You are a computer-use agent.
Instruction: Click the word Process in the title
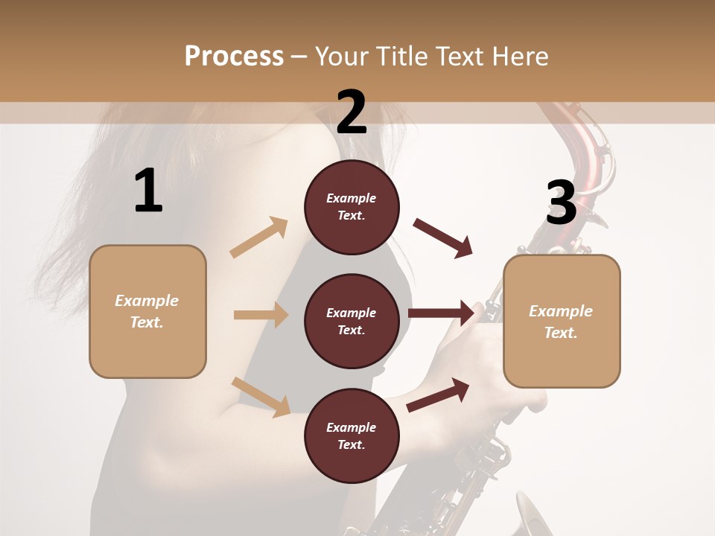(234, 57)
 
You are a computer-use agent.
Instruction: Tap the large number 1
(148, 191)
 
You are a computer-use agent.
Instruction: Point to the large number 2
(352, 112)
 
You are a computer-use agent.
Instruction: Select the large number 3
(561, 202)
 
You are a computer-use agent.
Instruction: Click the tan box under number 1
(147, 311)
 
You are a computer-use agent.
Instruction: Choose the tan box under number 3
(562, 321)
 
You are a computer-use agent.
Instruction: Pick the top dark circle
(352, 207)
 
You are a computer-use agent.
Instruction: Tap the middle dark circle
(352, 321)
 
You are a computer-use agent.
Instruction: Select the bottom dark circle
(352, 435)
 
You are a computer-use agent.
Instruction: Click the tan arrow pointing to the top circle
(259, 237)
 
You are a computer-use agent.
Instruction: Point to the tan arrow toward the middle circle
(261, 315)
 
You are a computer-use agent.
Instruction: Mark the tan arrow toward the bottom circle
(261, 396)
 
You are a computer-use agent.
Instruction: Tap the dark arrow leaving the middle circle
(442, 313)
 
